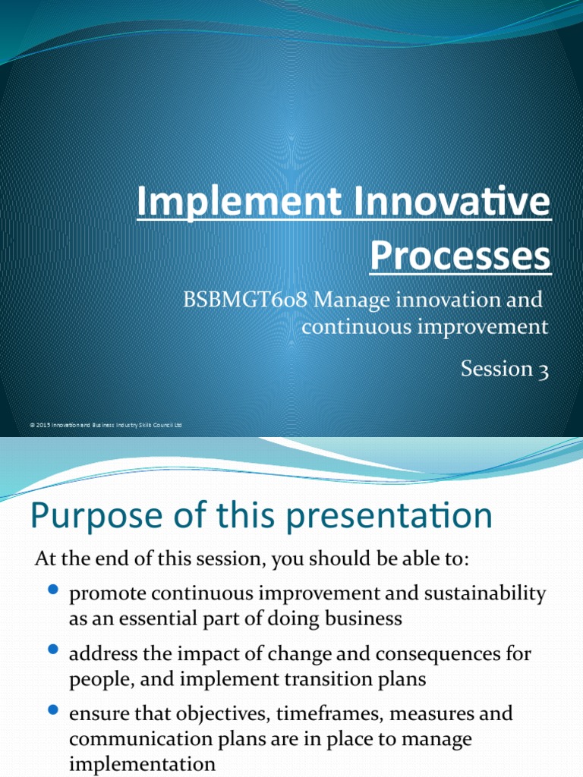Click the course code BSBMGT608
[x=244, y=300]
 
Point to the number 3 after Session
[x=544, y=370]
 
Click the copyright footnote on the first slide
[x=106, y=426]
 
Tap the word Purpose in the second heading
[x=83, y=517]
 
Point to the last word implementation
[x=142, y=764]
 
